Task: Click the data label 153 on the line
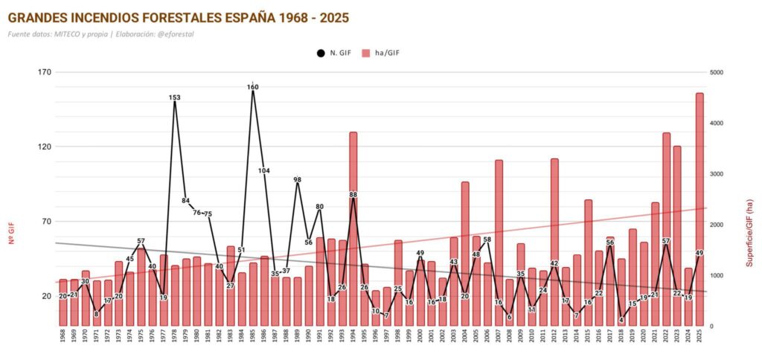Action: [x=175, y=97]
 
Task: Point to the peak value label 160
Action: [x=253, y=87]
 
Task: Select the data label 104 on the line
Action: [x=264, y=171]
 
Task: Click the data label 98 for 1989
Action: [x=298, y=180]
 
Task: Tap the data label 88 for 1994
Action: [x=353, y=195]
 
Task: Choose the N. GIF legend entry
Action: [x=335, y=53]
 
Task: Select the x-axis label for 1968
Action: [x=63, y=339]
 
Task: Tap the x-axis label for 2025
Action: [x=699, y=339]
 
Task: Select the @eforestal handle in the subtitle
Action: [x=193, y=34]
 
